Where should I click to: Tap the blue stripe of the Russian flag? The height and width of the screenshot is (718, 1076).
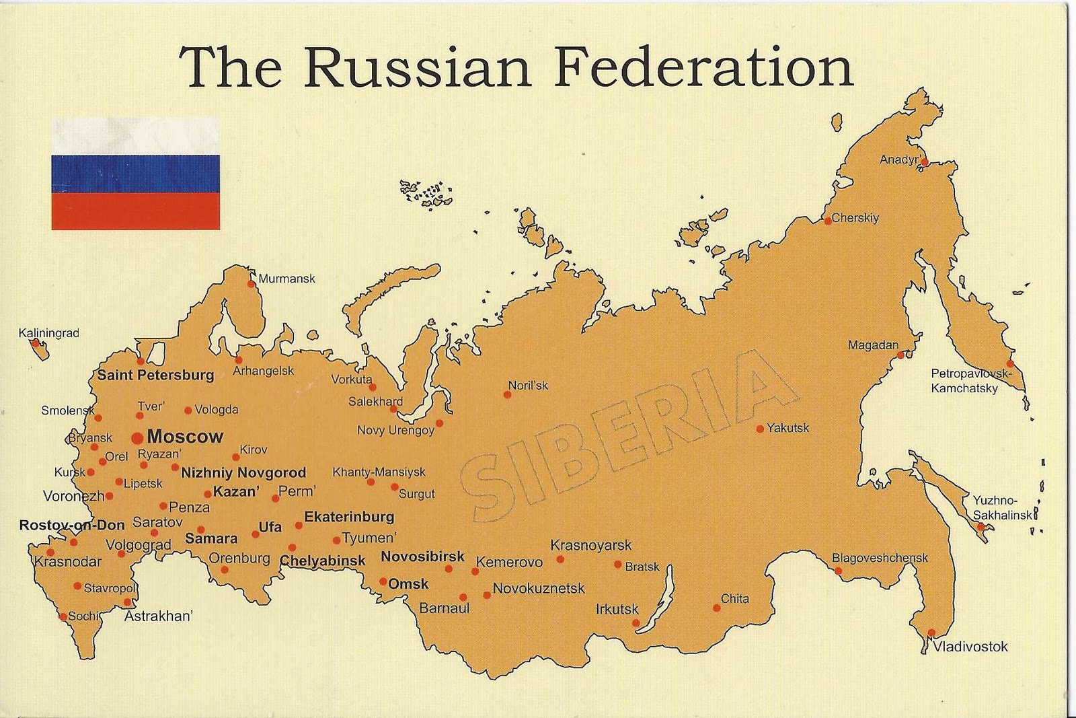pyautogui.click(x=135, y=174)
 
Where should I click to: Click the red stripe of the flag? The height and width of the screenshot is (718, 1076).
pyautogui.click(x=135, y=211)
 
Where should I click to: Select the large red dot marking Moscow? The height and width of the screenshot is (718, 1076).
pyautogui.click(x=137, y=438)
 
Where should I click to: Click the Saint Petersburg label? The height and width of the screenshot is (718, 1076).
pyautogui.click(x=155, y=375)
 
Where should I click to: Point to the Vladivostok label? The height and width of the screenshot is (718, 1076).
pyautogui.click(x=970, y=647)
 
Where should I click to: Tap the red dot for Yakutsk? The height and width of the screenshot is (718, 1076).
pyautogui.click(x=760, y=429)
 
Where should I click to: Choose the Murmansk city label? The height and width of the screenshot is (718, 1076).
pyautogui.click(x=286, y=279)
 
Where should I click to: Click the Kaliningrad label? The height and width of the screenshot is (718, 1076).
pyautogui.click(x=48, y=333)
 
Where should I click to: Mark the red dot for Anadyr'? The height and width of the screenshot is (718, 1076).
pyautogui.click(x=925, y=161)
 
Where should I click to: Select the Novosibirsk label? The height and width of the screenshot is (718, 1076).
pyautogui.click(x=422, y=557)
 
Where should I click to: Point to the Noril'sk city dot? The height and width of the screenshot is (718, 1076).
pyautogui.click(x=508, y=394)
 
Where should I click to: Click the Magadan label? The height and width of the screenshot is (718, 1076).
pyautogui.click(x=873, y=345)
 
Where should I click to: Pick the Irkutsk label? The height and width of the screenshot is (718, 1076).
pyautogui.click(x=617, y=609)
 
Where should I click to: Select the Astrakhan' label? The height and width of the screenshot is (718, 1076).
pyautogui.click(x=159, y=616)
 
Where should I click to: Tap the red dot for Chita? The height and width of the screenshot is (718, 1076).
pyautogui.click(x=717, y=608)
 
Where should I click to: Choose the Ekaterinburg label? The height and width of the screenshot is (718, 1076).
pyautogui.click(x=349, y=517)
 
